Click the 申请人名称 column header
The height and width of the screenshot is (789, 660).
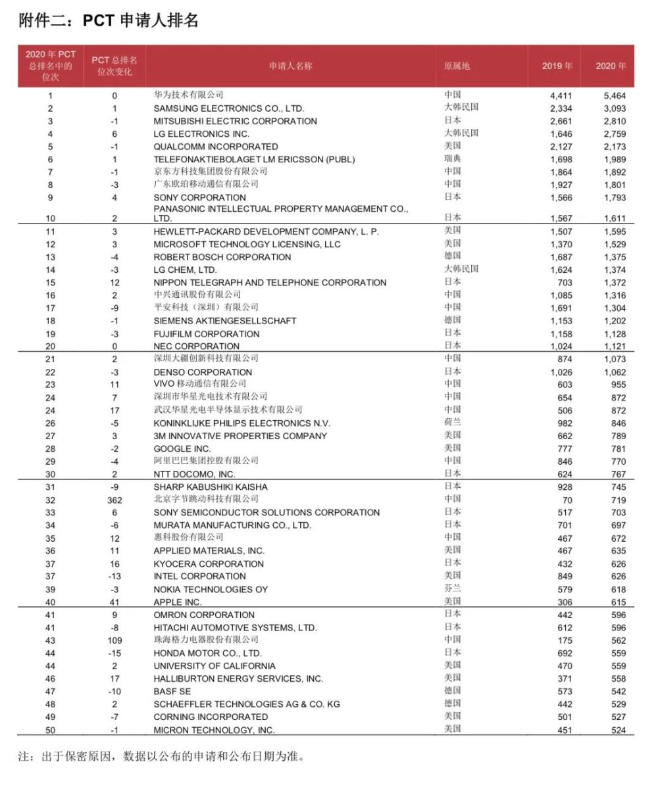[290, 66]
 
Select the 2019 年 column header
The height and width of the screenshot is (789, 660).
[557, 66]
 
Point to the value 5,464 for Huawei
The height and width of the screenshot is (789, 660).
[615, 95]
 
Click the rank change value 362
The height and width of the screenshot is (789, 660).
[114, 500]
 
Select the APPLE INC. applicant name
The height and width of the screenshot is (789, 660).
[178, 602]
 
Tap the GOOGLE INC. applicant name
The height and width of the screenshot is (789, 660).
[182, 448]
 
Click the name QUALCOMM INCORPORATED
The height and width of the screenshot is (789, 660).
[216, 147]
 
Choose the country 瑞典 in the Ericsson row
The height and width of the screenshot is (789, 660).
[453, 158]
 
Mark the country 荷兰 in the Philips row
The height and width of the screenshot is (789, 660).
[453, 423]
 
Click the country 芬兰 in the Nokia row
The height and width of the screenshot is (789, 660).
[453, 588]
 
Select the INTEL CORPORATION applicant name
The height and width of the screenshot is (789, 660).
[199, 577]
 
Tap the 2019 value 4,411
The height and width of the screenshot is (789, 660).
[561, 95]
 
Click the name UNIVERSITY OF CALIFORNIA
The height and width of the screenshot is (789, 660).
[215, 666]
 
